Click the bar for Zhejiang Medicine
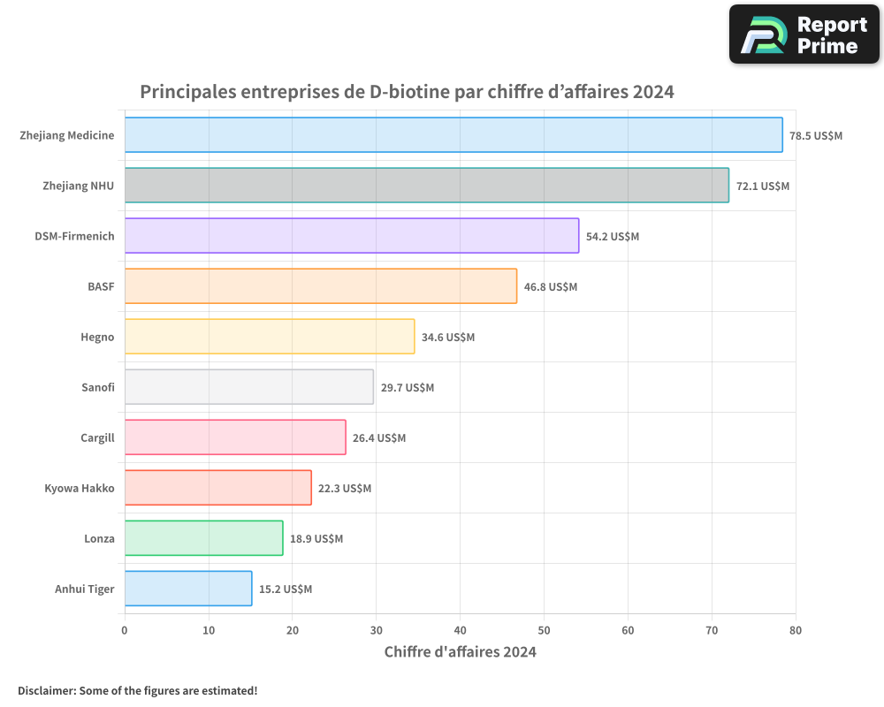(453, 135)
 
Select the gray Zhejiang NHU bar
(426, 186)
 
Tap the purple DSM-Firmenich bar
(351, 236)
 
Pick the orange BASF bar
(320, 286)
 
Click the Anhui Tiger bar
(187, 589)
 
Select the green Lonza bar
(203, 538)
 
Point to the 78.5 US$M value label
(816, 136)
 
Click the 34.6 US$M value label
(448, 338)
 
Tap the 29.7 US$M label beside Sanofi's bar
(408, 388)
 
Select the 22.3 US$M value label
(345, 489)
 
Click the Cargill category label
(97, 438)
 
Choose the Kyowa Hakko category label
(80, 489)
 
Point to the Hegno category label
(97, 338)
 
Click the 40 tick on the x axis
(460, 631)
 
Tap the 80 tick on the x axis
(796, 631)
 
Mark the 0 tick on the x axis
(125, 631)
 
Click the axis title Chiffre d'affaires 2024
(460, 652)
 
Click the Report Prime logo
(804, 34)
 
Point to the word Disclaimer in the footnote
(46, 690)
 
